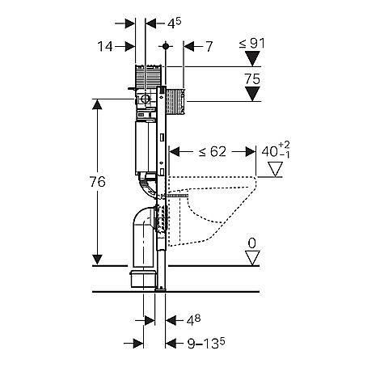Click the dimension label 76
coord(97,182)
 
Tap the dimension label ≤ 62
coord(213,152)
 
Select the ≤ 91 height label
coord(251,44)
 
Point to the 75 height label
coord(252,79)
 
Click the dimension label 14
coord(105,47)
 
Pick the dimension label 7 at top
coord(209,47)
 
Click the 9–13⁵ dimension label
coord(206,344)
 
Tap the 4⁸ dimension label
coord(193,320)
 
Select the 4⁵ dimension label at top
coord(174,23)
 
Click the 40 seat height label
coord(276,151)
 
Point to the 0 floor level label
coord(251,243)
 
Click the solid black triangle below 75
coord(252,94)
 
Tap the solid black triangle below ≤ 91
coord(252,59)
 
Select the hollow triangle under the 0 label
coord(252,258)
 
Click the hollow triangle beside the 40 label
coord(275,169)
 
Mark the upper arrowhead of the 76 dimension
coord(97,104)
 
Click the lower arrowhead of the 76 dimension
coord(97,260)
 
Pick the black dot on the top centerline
coord(166,46)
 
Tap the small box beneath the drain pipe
coord(143,279)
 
